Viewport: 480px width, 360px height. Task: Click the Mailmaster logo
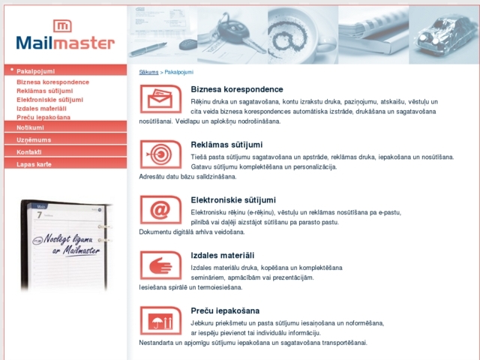tap(64, 35)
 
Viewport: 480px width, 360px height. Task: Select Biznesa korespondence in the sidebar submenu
tap(52, 82)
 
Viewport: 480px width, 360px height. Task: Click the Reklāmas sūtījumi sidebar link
tap(44, 91)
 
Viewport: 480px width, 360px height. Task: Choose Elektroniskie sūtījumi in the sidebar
tap(49, 100)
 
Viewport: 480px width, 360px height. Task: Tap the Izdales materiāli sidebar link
tap(41, 109)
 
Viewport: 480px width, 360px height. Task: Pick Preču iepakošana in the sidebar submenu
tap(43, 118)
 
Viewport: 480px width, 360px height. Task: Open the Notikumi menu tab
tap(30, 127)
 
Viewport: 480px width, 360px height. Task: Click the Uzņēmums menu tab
tap(34, 139)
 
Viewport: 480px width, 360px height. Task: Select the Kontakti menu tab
tap(29, 151)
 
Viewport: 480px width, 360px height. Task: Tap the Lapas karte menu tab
tap(34, 163)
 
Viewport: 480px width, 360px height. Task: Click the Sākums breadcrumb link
tap(148, 72)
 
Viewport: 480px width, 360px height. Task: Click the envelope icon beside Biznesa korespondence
tap(160, 100)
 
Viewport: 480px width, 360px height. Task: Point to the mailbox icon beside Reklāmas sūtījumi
tap(160, 154)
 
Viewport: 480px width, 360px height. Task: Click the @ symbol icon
tap(160, 210)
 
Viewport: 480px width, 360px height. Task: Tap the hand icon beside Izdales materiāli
tap(160, 265)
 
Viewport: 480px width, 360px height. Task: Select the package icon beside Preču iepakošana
tap(160, 321)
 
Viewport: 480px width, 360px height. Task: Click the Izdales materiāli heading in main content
tap(223, 256)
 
